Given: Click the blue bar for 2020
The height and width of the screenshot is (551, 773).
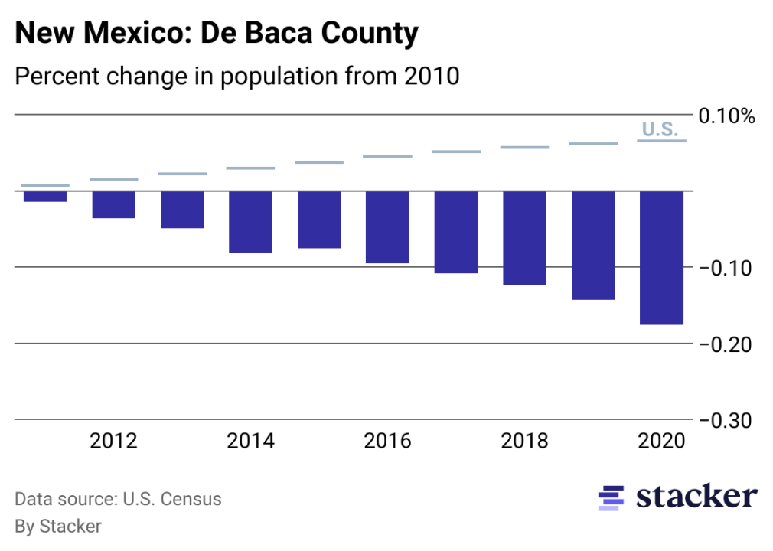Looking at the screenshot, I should coord(661,258).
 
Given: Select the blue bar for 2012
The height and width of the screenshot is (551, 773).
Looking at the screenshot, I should coord(114,204).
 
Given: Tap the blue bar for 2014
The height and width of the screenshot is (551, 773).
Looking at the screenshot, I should coord(250,222).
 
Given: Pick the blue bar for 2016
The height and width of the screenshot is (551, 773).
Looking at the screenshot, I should coord(387,227).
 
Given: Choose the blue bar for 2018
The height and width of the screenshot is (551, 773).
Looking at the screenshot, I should coord(524,238).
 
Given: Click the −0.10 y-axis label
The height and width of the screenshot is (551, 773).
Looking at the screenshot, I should coord(724,269).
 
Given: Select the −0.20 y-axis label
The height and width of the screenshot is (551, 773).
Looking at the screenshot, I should coord(724,345).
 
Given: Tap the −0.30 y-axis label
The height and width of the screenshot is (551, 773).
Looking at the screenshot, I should coord(724,421).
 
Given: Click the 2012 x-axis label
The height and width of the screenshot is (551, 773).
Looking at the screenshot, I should coord(114,442).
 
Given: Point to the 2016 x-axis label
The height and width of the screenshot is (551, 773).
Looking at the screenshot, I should coord(387,442).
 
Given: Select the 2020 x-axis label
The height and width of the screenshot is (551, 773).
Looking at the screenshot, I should coord(661,442).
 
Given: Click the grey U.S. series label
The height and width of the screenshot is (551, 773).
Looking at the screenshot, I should coord(659,129).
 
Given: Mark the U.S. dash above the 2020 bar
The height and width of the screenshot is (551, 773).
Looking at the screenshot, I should coord(661,141).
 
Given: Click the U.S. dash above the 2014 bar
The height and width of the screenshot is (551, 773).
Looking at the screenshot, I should coord(250,168).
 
